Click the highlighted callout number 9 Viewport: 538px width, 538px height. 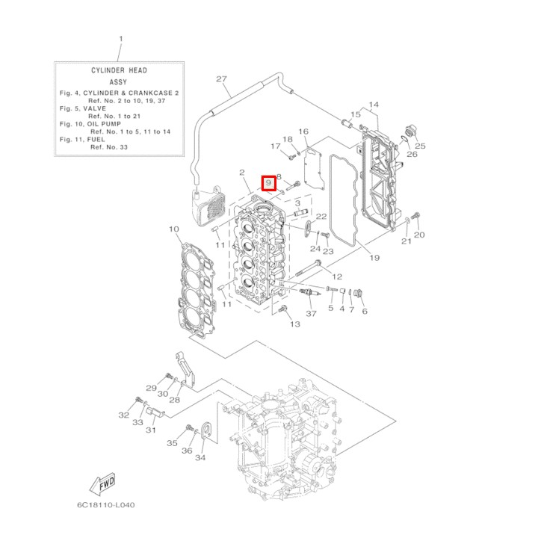268,182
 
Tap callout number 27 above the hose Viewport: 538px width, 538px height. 220,79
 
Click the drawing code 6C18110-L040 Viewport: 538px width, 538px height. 105,504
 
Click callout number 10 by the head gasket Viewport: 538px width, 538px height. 173,229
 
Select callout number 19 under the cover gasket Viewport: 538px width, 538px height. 374,258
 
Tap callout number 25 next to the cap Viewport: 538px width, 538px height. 421,146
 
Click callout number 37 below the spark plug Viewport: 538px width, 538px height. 312,314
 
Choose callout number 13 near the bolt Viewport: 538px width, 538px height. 294,324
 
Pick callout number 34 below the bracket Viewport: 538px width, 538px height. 200,457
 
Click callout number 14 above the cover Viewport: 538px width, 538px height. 374,105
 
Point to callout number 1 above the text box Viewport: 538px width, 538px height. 120,39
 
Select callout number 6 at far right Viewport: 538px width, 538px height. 365,311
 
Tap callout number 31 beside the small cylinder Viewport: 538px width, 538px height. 151,430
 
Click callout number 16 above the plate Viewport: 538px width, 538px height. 303,132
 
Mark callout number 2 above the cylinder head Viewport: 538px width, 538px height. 242,173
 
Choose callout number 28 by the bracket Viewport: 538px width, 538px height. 175,400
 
